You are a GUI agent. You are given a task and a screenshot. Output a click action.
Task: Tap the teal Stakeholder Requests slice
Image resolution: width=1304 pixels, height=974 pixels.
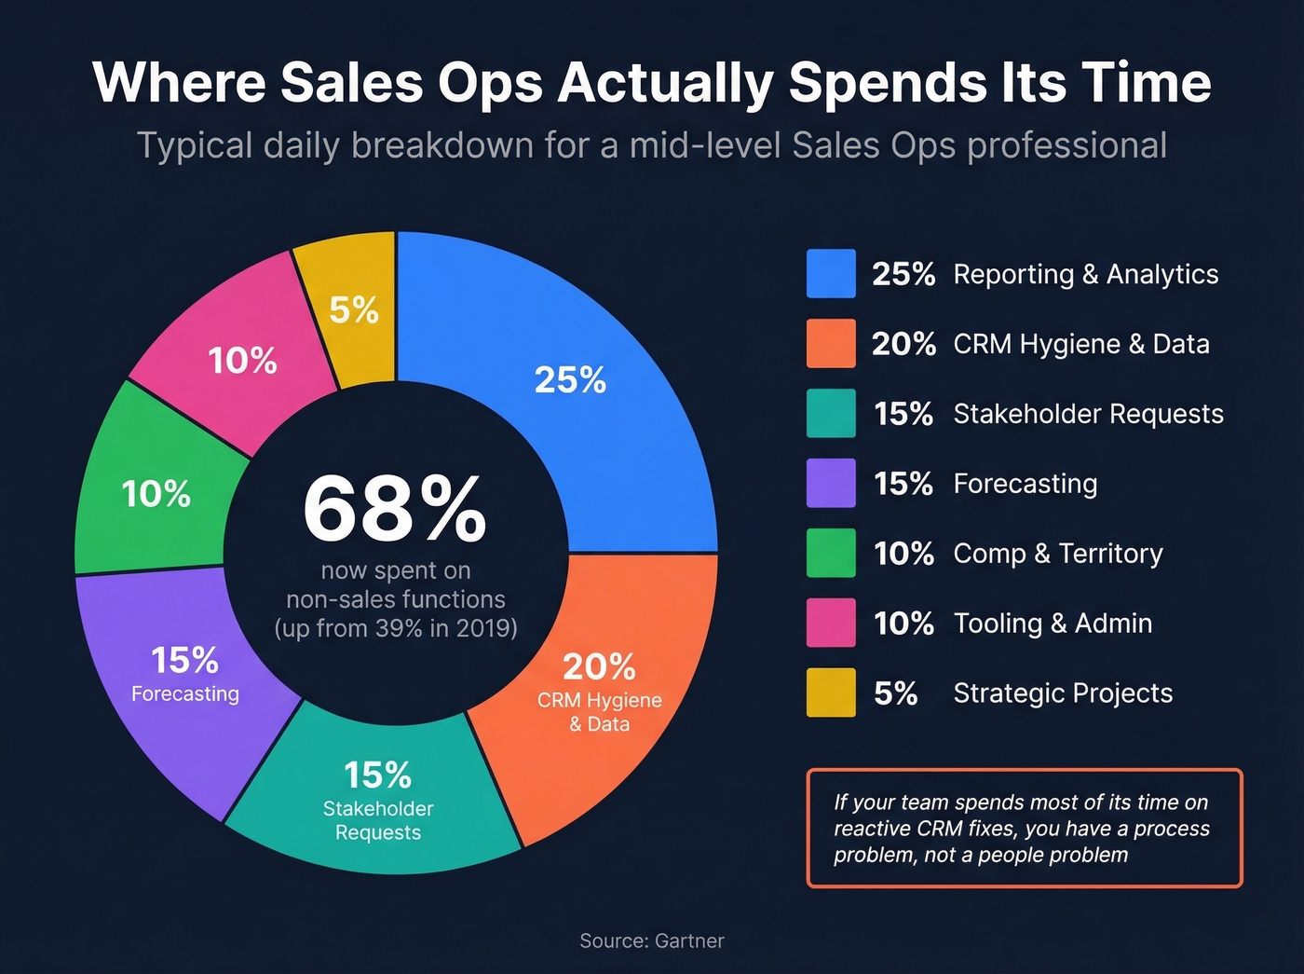pyautogui.click(x=378, y=802)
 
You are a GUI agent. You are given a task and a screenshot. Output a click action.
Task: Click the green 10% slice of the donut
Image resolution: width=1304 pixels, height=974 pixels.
pyautogui.click(x=154, y=494)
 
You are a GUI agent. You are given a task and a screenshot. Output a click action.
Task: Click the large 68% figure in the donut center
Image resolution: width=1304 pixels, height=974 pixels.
pyautogui.click(x=395, y=509)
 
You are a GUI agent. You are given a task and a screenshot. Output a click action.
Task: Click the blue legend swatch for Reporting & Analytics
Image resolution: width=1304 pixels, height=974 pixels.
pyautogui.click(x=831, y=274)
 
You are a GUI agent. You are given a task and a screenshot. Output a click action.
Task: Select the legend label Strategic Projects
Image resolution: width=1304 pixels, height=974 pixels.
pyautogui.click(x=1063, y=693)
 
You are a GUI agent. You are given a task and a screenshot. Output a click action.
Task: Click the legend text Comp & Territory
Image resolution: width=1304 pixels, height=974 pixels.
pyautogui.click(x=1058, y=554)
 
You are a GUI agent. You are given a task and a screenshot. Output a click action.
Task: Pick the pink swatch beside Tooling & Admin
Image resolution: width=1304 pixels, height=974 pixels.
pyautogui.click(x=831, y=623)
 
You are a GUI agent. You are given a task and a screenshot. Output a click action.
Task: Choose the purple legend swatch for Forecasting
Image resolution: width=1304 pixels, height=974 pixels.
pyautogui.click(x=831, y=483)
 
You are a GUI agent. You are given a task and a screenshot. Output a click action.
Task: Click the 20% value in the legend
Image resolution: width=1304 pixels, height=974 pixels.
pyautogui.click(x=903, y=344)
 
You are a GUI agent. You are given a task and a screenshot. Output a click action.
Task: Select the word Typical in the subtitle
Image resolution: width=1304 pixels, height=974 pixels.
pyautogui.click(x=195, y=146)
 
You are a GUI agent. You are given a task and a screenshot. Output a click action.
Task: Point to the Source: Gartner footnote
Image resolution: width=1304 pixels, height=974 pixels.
pyautogui.click(x=651, y=941)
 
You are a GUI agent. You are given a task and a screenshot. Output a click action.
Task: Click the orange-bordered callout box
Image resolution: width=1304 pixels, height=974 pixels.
pyautogui.click(x=1024, y=828)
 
